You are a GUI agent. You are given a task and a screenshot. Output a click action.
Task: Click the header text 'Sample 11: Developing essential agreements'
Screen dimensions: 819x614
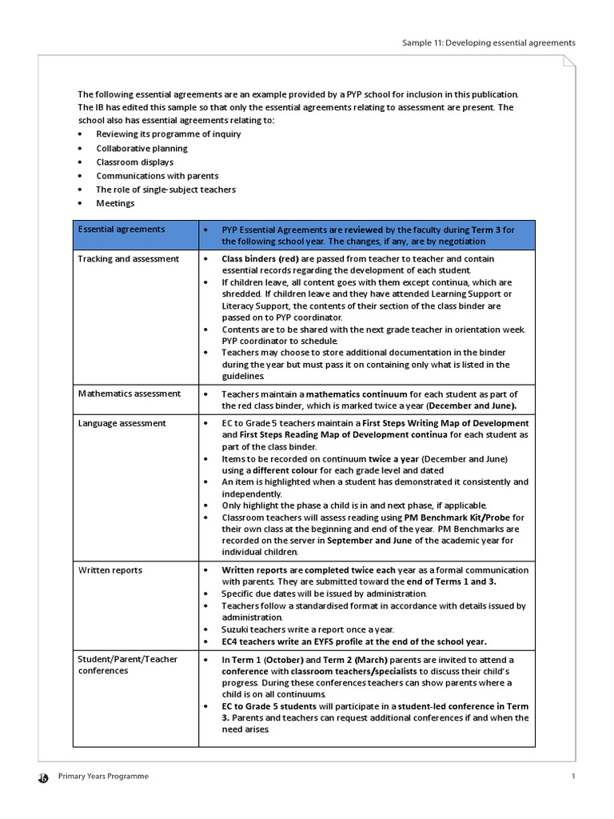[x=488, y=42]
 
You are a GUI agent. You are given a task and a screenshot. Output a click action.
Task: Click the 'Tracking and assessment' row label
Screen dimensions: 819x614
[x=128, y=259]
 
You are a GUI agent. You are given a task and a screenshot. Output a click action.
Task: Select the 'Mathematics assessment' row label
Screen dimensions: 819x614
[x=129, y=394]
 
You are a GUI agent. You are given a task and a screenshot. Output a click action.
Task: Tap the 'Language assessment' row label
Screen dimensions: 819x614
[x=122, y=423]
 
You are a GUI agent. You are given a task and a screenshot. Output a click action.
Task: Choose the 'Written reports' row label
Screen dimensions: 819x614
[x=110, y=570]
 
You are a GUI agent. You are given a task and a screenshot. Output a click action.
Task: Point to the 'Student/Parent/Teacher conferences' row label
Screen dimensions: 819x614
[x=127, y=665]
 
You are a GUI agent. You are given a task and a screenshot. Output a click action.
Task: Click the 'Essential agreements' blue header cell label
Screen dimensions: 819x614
[x=121, y=230]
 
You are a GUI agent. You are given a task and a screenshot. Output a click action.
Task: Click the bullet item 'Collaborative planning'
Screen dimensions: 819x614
[x=142, y=148]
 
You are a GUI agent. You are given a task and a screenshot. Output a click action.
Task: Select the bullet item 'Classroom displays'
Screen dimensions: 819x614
[x=134, y=162]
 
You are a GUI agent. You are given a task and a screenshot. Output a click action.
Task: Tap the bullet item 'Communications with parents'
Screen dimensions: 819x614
[x=157, y=176]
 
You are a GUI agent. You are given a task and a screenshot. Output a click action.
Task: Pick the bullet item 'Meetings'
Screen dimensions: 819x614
[x=115, y=203]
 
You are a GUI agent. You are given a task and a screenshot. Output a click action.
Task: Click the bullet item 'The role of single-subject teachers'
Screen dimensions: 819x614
[x=165, y=190]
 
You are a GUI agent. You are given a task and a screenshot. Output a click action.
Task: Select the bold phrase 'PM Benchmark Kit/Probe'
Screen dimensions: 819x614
[x=455, y=517]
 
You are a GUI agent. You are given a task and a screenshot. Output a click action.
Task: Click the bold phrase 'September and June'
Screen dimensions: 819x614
[x=369, y=541]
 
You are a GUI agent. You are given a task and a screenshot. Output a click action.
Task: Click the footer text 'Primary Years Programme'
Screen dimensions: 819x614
[x=102, y=777]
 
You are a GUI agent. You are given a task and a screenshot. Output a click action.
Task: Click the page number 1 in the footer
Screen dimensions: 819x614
[x=573, y=777]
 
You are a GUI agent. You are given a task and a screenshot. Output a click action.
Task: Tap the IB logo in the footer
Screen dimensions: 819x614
[x=43, y=777]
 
